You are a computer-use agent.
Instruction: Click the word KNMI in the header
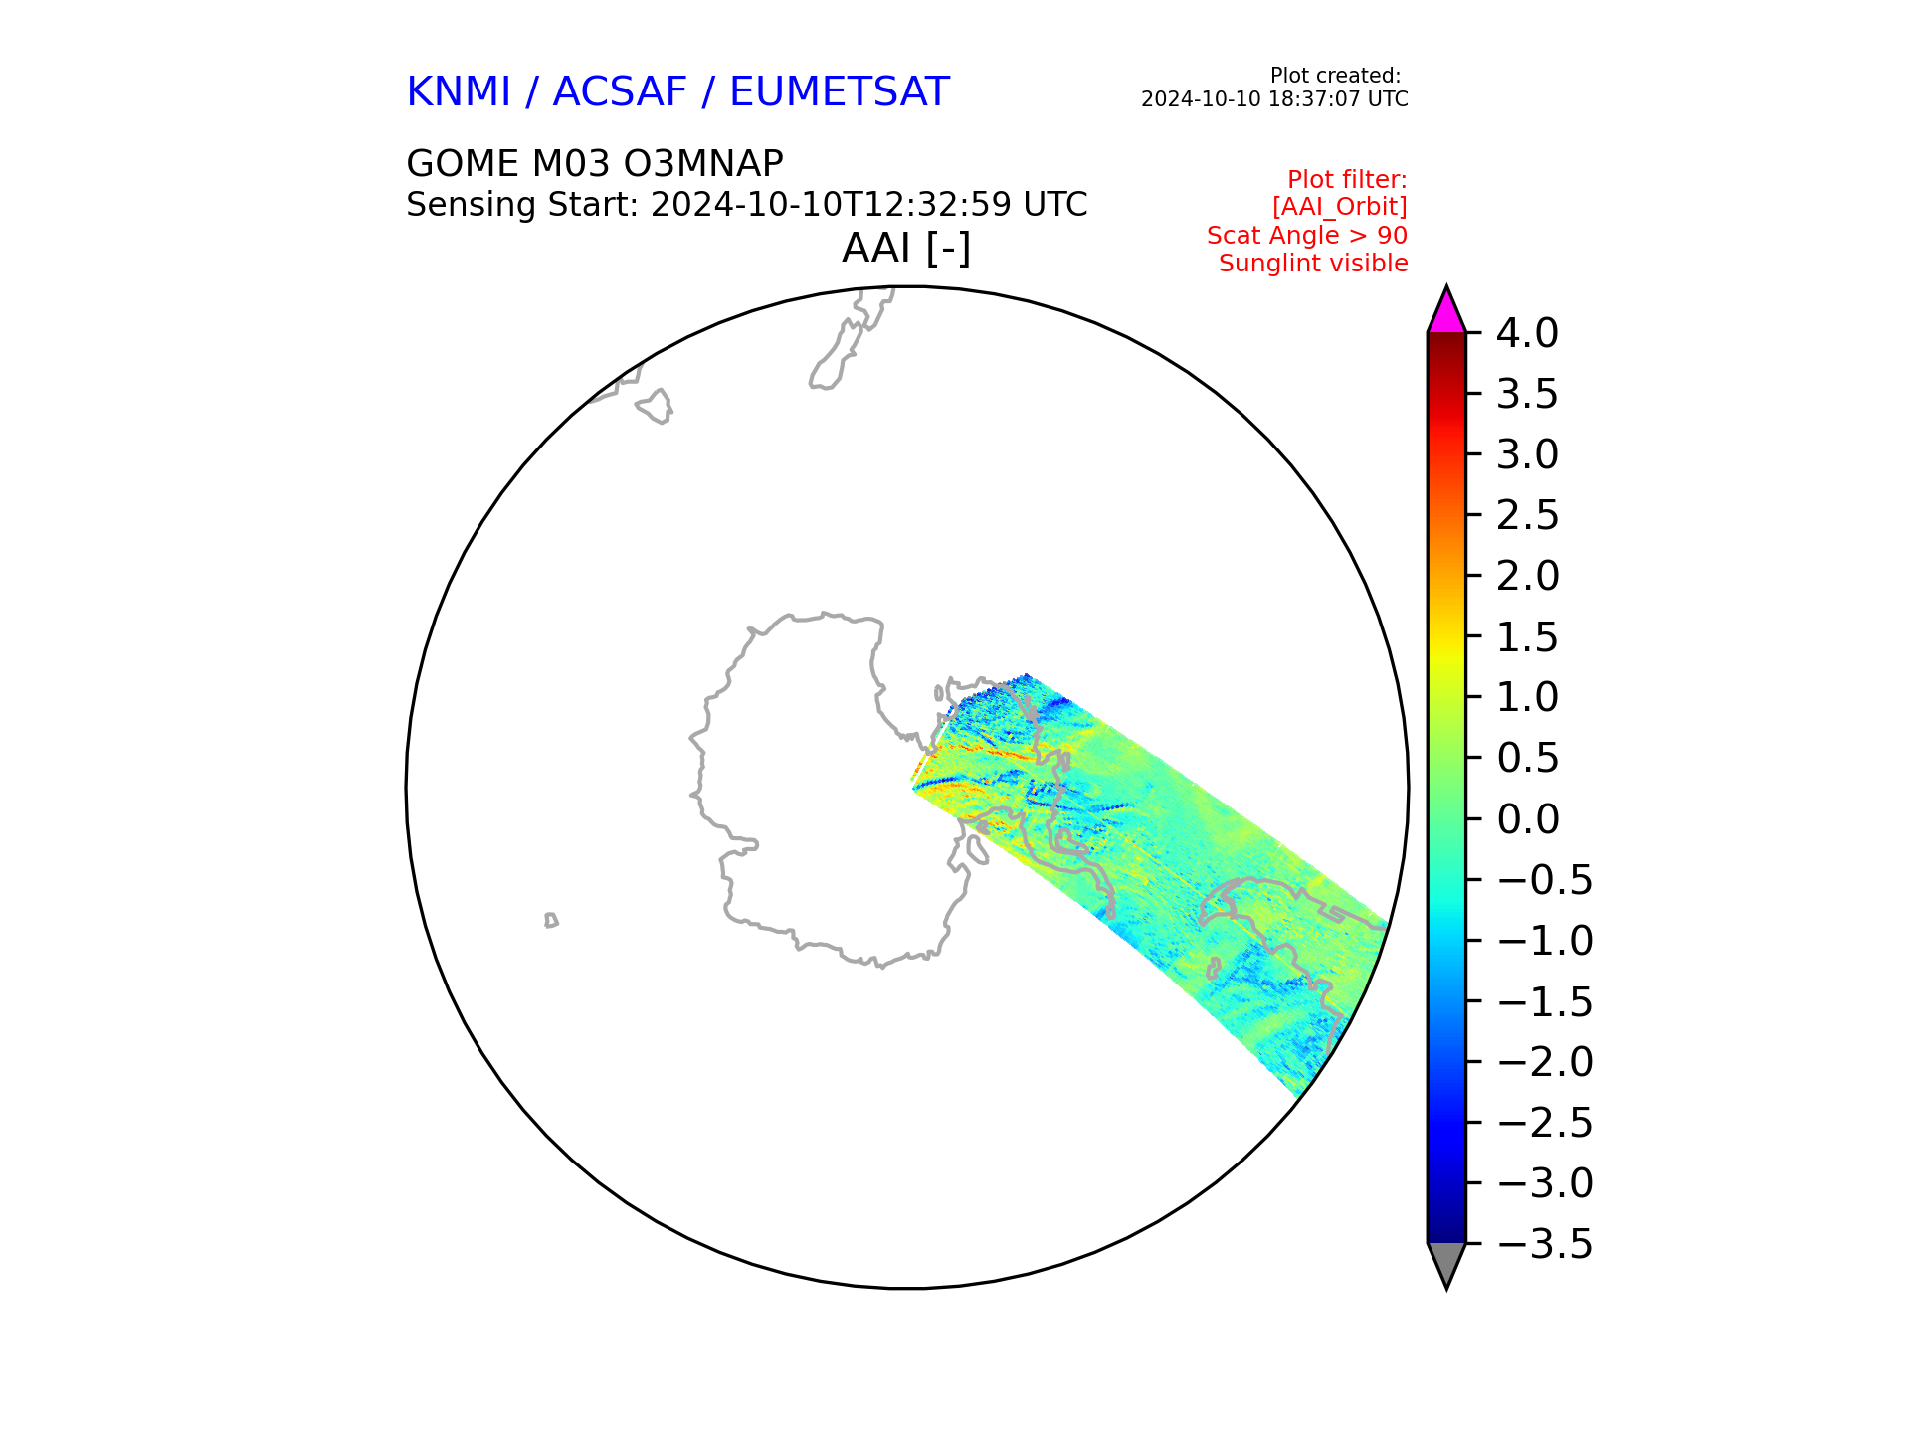tap(459, 92)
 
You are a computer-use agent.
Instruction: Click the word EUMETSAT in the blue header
tap(840, 92)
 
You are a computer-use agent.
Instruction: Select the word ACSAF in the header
tap(620, 92)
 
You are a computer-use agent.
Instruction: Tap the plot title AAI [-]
tap(906, 249)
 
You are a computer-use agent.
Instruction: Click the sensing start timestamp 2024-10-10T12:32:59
tap(832, 205)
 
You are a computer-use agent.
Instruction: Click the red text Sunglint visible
tap(1313, 264)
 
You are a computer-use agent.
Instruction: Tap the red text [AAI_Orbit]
tap(1340, 207)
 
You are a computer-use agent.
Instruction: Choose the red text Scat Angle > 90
tap(1307, 236)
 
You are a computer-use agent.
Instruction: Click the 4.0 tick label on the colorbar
tap(1527, 334)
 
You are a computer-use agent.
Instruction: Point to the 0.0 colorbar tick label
tap(1527, 820)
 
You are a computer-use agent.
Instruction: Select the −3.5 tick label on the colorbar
tap(1544, 1245)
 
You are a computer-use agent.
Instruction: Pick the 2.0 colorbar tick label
tap(1527, 577)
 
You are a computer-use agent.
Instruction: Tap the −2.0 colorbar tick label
tap(1544, 1063)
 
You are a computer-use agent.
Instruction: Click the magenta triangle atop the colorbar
tap(1446, 313)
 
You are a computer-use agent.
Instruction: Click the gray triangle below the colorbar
tap(1446, 1262)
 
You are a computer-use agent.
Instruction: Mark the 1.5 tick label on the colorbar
tap(1527, 637)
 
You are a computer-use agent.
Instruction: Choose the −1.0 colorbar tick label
tap(1544, 942)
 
